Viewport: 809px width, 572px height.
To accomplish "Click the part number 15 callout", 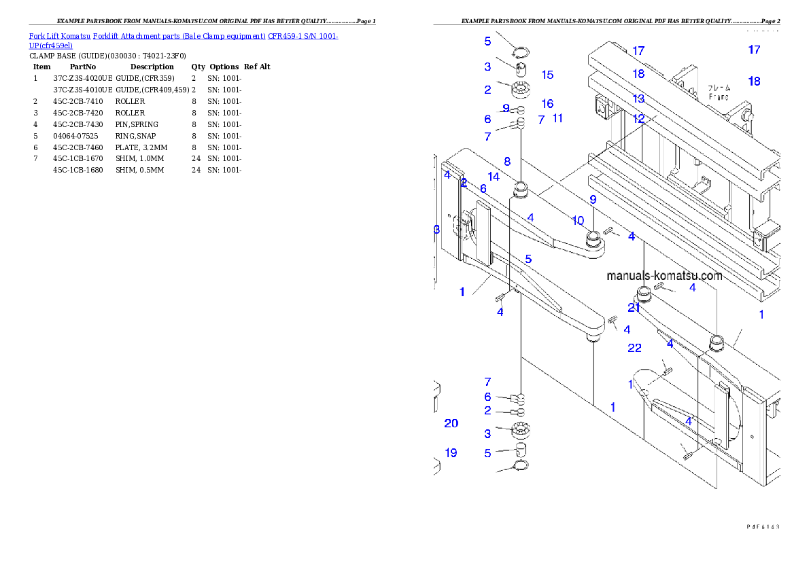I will (547, 75).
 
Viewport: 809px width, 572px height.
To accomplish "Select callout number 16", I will (547, 104).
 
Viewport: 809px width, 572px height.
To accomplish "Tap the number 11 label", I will (557, 118).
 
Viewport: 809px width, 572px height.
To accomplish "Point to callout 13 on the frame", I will (638, 99).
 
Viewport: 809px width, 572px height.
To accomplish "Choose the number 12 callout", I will (638, 118).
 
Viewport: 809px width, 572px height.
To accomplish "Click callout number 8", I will (507, 162).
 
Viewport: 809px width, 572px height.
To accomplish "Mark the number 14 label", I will (494, 177).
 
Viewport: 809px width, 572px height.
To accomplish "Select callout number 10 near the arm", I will (578, 221).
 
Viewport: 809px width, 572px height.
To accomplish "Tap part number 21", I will (634, 308).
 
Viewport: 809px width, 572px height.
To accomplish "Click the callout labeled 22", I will (634, 348).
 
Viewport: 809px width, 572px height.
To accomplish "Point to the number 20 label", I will (451, 423).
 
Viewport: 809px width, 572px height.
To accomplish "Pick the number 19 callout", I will (451, 453).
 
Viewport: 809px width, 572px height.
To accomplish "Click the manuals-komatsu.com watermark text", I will (664, 276).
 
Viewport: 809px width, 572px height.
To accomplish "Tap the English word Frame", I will (719, 97).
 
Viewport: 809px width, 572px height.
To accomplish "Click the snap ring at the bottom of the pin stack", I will (521, 465).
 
